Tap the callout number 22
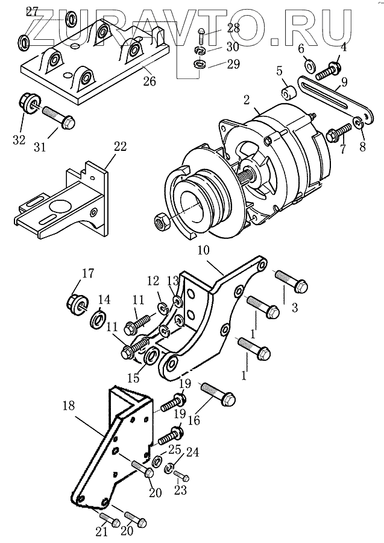(x=120, y=146)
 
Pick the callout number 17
(x=88, y=273)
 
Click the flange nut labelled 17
(x=76, y=300)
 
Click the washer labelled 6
(x=309, y=65)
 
